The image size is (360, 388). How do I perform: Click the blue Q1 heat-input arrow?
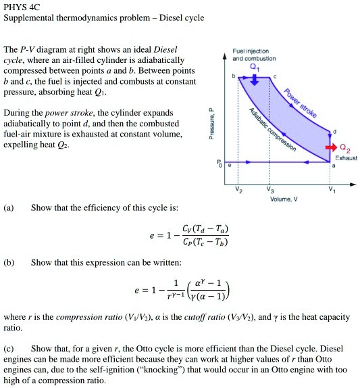[x=253, y=78]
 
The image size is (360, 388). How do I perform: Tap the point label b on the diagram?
[x=234, y=76]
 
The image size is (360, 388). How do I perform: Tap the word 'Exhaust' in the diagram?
[x=346, y=157]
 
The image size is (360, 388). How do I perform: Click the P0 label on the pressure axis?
[x=218, y=163]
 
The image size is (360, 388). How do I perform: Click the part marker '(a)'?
[x=9, y=208]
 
